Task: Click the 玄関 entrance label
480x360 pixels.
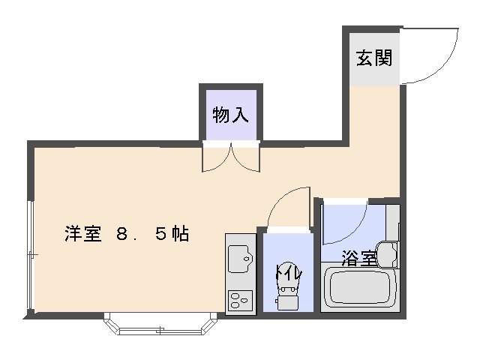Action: (x=374, y=58)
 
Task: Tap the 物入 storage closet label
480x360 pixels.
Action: (x=230, y=115)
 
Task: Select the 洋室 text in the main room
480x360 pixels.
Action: (x=83, y=234)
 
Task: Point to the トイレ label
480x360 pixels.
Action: (x=289, y=271)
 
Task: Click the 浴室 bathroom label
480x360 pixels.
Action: (x=358, y=259)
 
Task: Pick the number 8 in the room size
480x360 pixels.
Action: (x=121, y=235)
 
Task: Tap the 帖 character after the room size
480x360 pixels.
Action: (x=180, y=234)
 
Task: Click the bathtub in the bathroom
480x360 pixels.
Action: (x=360, y=288)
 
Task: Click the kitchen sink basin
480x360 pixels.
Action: (x=240, y=259)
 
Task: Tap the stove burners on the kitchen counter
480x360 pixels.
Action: (x=240, y=300)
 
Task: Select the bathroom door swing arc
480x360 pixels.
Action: (x=355, y=232)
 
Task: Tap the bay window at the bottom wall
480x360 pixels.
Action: (x=160, y=324)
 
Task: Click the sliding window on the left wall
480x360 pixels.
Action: (x=30, y=255)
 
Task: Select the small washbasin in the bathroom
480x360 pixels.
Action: (x=388, y=255)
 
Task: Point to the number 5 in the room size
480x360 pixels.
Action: (x=160, y=235)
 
